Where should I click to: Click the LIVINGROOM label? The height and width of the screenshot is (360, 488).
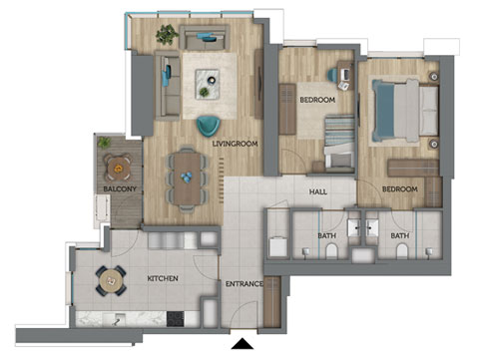pos(235,144)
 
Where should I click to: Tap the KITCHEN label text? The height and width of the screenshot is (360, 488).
pos(163,278)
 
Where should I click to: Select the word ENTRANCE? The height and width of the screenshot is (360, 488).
pos(244,284)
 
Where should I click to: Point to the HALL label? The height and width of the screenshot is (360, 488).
pos(318,191)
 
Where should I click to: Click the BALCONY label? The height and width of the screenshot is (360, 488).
pos(120,189)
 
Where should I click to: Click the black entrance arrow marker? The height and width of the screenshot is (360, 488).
pos(243,344)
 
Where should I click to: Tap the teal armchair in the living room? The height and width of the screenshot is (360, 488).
pos(209,126)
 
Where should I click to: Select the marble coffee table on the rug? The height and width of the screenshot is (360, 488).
pos(207,84)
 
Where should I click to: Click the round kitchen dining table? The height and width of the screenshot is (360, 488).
pos(111,281)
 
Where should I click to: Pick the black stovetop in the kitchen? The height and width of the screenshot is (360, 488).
pos(176,318)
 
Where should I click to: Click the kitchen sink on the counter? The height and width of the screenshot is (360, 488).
pos(114,319)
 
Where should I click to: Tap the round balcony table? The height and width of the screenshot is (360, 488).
pos(118,168)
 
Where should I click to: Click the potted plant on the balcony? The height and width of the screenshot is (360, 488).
pos(104,143)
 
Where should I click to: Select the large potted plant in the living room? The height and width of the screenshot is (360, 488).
pos(167,34)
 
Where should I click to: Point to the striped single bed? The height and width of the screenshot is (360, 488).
pos(339,143)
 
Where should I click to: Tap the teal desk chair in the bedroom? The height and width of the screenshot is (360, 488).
pos(332,75)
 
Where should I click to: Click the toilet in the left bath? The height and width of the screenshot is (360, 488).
pos(331,251)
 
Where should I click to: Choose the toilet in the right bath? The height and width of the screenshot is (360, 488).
pos(402,251)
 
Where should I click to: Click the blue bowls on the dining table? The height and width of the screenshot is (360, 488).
pos(187,177)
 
